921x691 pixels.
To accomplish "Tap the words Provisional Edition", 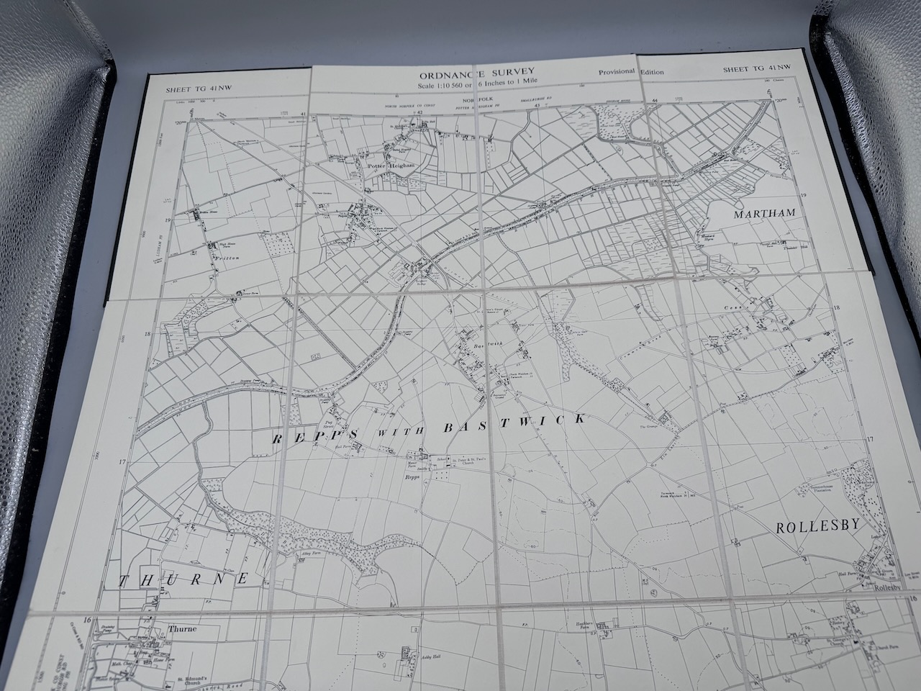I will coord(631,72).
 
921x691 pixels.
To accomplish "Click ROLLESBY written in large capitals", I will coord(817,526).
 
